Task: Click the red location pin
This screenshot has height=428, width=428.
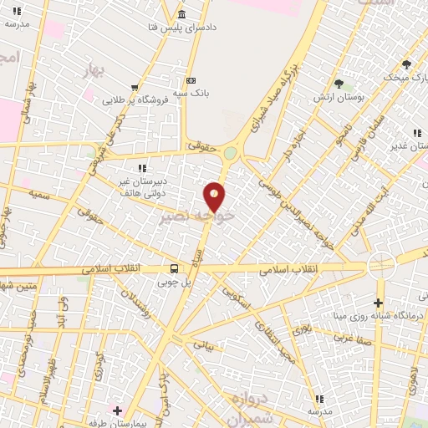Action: click(x=215, y=196)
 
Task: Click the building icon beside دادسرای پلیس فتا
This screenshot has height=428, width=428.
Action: click(x=182, y=15)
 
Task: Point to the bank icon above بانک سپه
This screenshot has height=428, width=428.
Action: click(x=191, y=80)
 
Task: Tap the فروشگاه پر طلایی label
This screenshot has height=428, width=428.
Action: click(x=136, y=99)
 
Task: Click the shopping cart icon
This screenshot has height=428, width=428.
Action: click(x=135, y=87)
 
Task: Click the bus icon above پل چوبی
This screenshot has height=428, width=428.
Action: click(x=174, y=268)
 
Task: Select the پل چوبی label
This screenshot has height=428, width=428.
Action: click(x=175, y=282)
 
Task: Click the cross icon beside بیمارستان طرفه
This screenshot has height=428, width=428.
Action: click(x=117, y=410)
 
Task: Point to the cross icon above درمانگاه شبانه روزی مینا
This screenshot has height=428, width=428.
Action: click(x=379, y=302)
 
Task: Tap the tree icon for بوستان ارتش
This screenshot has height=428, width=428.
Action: click(x=339, y=84)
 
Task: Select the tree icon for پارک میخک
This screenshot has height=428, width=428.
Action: click(x=406, y=64)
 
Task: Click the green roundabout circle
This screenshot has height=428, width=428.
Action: click(x=230, y=153)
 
